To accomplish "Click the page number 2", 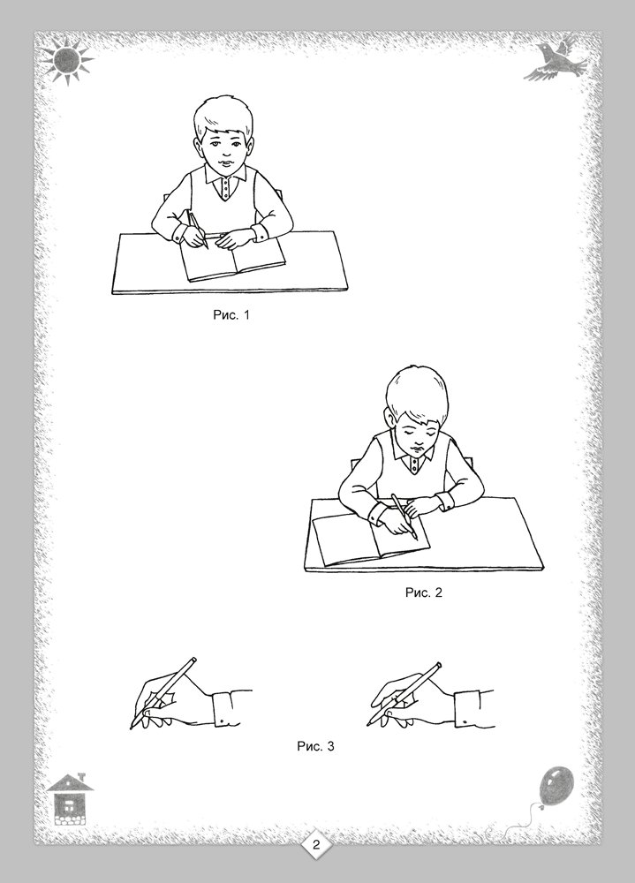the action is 316,844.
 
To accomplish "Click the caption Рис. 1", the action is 231,315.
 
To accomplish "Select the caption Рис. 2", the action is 424,592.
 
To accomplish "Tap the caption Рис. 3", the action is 315,746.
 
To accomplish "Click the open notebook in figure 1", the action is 232,259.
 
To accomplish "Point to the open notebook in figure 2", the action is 369,539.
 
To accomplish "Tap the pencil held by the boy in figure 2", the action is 404,517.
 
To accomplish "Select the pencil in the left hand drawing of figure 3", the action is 163,692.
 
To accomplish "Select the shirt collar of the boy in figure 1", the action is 225,178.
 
